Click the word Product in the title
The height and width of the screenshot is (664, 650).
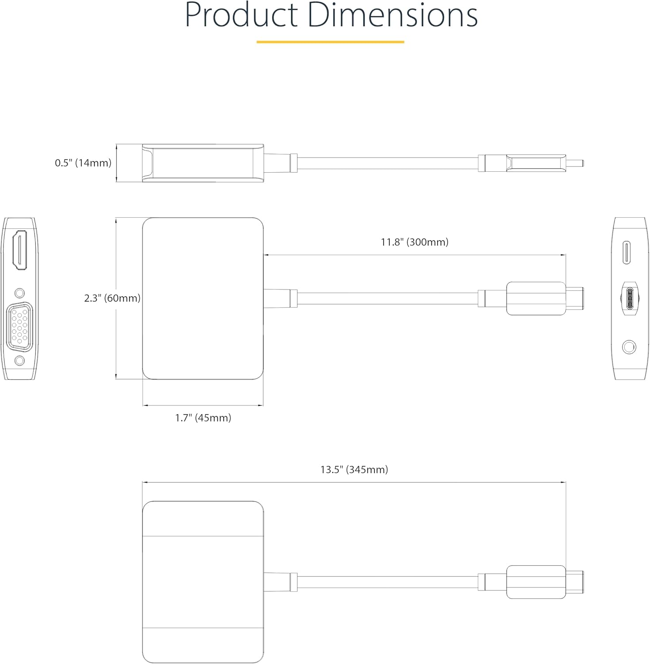tap(241, 15)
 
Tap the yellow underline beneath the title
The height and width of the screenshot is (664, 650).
tap(330, 42)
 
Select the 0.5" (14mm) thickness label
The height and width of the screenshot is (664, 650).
tap(83, 163)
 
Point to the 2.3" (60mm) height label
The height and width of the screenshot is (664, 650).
tap(112, 298)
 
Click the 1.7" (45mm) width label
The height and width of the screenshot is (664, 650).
tap(203, 418)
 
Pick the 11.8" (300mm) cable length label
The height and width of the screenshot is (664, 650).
tap(415, 242)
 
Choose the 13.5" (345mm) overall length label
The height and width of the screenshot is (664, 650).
tap(354, 470)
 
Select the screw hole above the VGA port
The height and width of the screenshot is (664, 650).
tap(19, 293)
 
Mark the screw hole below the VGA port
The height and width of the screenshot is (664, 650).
tap(19, 361)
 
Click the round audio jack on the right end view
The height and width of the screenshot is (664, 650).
tap(629, 347)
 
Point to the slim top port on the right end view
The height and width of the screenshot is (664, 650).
tap(626, 252)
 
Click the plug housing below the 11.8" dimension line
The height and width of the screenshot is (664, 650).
tap(536, 298)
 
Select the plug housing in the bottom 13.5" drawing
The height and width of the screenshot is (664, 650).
tap(536, 582)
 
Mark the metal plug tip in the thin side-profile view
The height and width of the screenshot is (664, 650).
tap(575, 163)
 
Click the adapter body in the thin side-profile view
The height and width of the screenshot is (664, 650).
tap(203, 163)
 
